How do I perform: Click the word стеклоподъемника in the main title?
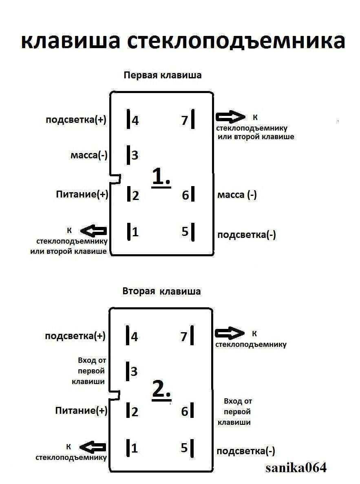(236, 42)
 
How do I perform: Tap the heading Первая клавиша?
(163, 75)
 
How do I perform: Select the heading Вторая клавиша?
(161, 291)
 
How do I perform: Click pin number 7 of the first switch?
(184, 120)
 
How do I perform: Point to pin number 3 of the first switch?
(135, 155)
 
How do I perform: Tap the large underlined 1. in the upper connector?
(161, 178)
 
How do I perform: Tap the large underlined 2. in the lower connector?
(161, 390)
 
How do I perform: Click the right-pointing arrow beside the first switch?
(230, 117)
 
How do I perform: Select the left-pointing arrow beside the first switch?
(94, 231)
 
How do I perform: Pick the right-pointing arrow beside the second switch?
(229, 333)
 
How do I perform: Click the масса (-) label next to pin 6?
(237, 195)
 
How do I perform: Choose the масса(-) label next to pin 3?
(89, 155)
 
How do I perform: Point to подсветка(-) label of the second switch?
(246, 451)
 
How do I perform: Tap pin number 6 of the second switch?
(184, 412)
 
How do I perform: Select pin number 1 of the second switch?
(135, 448)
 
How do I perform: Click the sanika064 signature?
(296, 468)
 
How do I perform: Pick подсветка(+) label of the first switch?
(76, 120)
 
